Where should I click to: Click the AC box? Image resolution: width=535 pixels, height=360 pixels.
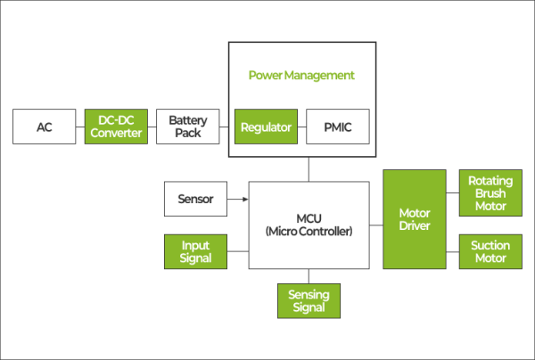[45, 127]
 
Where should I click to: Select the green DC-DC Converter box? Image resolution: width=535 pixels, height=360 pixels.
[114, 127]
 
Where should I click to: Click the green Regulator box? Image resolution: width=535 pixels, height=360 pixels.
[266, 127]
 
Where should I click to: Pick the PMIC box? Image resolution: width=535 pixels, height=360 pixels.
[338, 127]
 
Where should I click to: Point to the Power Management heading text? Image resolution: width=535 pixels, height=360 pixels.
[301, 75]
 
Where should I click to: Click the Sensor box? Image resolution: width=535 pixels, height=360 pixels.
[195, 199]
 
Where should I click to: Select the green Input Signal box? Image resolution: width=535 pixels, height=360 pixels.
[195, 251]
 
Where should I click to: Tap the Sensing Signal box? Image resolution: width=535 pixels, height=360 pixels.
[309, 300]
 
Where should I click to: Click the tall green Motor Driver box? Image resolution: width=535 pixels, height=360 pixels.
[414, 219]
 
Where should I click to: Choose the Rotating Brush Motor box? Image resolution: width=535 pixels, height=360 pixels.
[490, 193]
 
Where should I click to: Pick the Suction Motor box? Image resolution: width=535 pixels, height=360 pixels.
[490, 251]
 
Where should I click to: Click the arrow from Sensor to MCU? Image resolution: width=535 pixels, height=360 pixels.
[237, 199]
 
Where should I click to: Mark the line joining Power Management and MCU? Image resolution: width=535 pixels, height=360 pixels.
[309, 169]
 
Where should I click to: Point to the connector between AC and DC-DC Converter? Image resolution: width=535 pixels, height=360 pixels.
[80, 127]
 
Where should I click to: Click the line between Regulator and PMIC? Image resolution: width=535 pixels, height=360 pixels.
[301, 127]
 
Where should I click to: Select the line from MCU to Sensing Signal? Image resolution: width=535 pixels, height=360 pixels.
[309, 275]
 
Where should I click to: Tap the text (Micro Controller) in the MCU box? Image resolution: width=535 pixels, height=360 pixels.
[309, 232]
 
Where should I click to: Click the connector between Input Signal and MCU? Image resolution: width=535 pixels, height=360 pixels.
[237, 251]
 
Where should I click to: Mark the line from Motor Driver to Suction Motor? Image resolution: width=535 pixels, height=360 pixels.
[452, 251]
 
